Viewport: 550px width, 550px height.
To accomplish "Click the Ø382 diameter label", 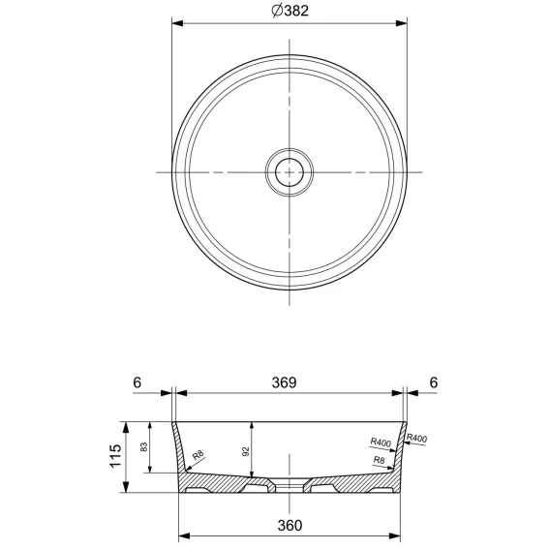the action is coord(290,11).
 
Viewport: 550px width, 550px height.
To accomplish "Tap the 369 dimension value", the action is coord(284,382).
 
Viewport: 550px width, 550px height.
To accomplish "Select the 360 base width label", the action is coord(290,525).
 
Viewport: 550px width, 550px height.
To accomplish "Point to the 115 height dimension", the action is coord(115,455).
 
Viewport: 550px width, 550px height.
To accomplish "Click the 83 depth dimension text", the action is coord(144,447).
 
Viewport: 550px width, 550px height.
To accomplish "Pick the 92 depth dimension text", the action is coord(246,451).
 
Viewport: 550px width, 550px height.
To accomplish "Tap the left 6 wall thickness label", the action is coord(137,382).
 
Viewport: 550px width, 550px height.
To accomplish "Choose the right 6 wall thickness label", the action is coord(434,382).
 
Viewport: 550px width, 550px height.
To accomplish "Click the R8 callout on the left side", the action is coord(199,455).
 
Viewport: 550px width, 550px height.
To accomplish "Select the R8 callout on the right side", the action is coord(379,460).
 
